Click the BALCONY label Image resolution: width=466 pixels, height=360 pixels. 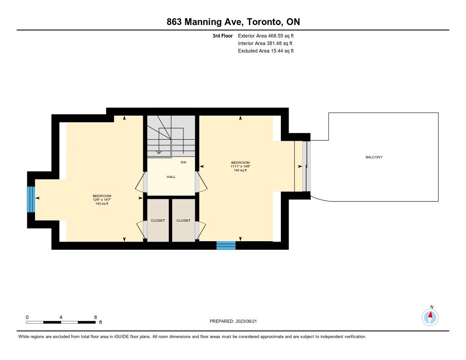pos(374,157)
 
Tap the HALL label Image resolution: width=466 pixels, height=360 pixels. pos(171,177)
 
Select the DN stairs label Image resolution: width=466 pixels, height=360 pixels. pos(183,162)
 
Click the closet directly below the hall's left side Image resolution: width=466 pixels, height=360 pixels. pos(158,220)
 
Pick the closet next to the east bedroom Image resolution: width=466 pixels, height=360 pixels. pos(183,220)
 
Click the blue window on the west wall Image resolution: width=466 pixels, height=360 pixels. pos(31,199)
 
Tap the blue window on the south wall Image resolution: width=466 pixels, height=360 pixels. pos(226,245)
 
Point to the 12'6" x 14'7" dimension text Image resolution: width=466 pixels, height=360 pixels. pos(101,200)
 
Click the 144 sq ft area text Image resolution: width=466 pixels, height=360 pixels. pos(240,170)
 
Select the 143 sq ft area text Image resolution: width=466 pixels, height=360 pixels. pos(101,203)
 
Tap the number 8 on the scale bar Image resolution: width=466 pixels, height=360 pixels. pos(96,317)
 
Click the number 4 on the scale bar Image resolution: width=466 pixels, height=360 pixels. pos(61,317)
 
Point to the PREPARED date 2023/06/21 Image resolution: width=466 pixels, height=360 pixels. pos(246,321)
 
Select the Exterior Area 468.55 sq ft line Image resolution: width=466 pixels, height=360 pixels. pos(266,35)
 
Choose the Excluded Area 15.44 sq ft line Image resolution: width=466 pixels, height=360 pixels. pos(266,51)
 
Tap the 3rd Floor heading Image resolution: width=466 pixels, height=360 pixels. pos(223,35)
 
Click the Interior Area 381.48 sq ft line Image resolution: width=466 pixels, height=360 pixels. pos(265,43)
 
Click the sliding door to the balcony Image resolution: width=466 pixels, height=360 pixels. pos(306,166)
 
